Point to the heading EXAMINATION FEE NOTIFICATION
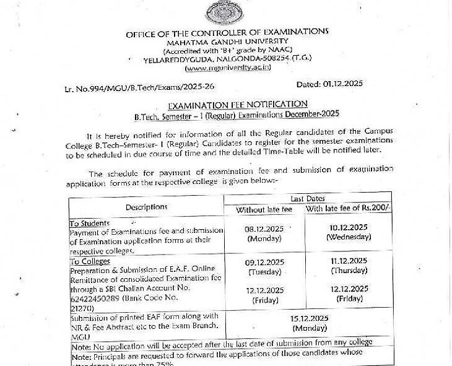(238, 104)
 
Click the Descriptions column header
(146, 207)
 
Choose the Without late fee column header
(264, 210)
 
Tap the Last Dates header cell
(307, 198)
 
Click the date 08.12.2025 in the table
(265, 229)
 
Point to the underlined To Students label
(89, 223)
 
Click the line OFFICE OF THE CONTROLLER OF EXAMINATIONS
(227, 33)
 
